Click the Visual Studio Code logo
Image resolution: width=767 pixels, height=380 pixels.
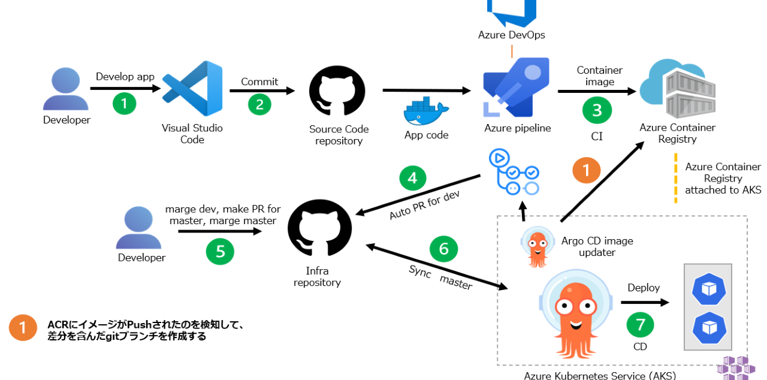point(192,88)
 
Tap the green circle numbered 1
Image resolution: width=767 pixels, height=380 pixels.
point(125,103)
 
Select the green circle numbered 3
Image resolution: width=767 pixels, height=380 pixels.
point(597,110)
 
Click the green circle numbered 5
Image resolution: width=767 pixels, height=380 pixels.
point(220,251)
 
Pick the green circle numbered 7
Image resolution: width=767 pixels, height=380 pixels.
point(640,324)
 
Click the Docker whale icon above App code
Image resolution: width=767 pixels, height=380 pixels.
point(426,112)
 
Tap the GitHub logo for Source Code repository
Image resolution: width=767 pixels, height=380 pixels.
point(337,91)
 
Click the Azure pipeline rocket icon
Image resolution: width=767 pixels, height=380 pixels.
point(516,87)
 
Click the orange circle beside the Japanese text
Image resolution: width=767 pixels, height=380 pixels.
point(23,328)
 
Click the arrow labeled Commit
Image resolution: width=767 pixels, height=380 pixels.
point(262,91)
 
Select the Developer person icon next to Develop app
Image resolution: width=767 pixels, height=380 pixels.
point(66,89)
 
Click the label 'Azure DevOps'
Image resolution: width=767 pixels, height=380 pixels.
point(511,35)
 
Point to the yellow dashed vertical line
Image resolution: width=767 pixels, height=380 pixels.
point(675,178)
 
